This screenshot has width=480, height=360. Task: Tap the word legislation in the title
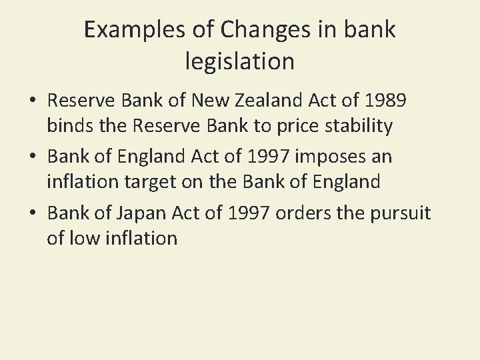point(239,61)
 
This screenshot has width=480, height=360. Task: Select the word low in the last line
point(85,237)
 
